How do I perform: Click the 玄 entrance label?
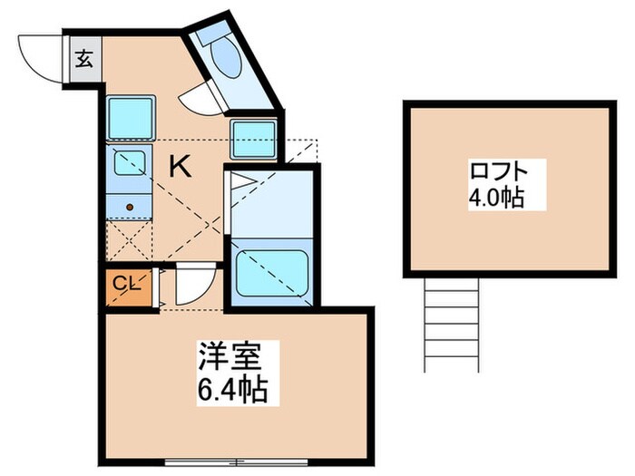click(83, 61)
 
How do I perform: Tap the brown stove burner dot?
click(130, 207)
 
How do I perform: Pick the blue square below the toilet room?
click(253, 139)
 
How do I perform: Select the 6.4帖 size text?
click(233, 391)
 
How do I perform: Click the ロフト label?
click(497, 171)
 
